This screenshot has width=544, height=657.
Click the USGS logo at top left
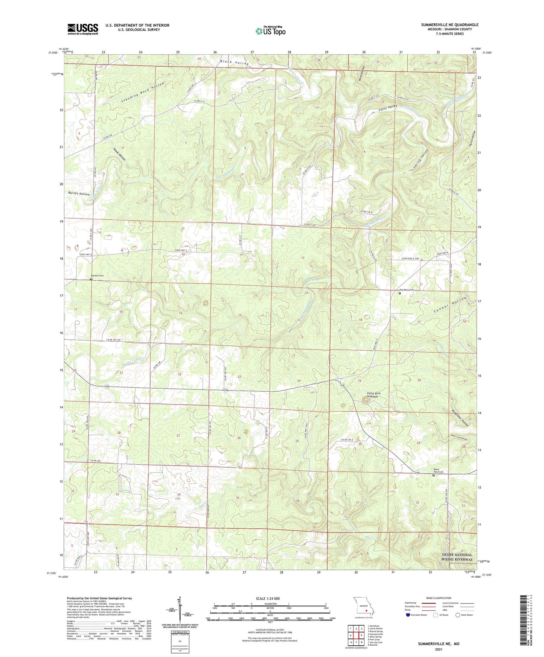82,29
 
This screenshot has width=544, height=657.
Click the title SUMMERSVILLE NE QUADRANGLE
450,25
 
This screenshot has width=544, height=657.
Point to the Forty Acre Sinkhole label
373,395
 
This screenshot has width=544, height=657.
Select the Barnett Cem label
96,276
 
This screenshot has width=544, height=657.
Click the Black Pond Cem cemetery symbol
433,475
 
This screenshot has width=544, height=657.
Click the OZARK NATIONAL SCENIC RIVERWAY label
457,557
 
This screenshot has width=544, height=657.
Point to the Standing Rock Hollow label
143,93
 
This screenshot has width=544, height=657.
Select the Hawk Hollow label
119,154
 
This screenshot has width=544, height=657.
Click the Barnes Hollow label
79,194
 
